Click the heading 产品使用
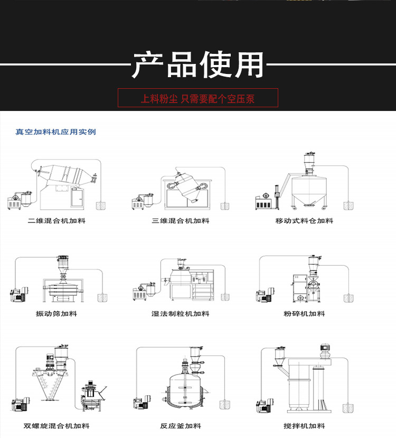point(197,65)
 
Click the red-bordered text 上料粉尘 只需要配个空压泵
point(197,98)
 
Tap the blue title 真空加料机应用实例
point(55,132)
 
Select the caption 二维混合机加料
point(56,220)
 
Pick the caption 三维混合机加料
point(181,220)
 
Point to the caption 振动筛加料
point(56,313)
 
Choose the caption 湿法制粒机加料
point(181,313)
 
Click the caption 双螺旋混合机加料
point(56,426)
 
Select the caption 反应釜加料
point(181,426)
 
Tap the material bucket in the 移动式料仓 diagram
point(348,204)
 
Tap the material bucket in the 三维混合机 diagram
point(225,204)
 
